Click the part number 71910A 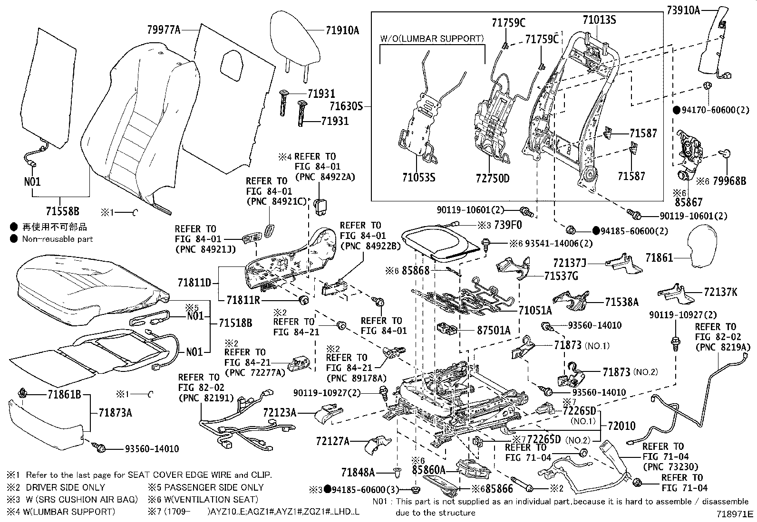[x=342, y=31]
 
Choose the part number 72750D [x=492, y=179]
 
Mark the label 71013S [x=599, y=20]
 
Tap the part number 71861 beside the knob [x=660, y=258]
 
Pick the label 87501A [x=494, y=330]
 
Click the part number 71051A [x=535, y=311]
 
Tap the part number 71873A [x=115, y=412]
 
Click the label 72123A [x=279, y=413]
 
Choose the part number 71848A [x=358, y=472]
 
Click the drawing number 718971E [x=736, y=514]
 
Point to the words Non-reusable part [x=58, y=239]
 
